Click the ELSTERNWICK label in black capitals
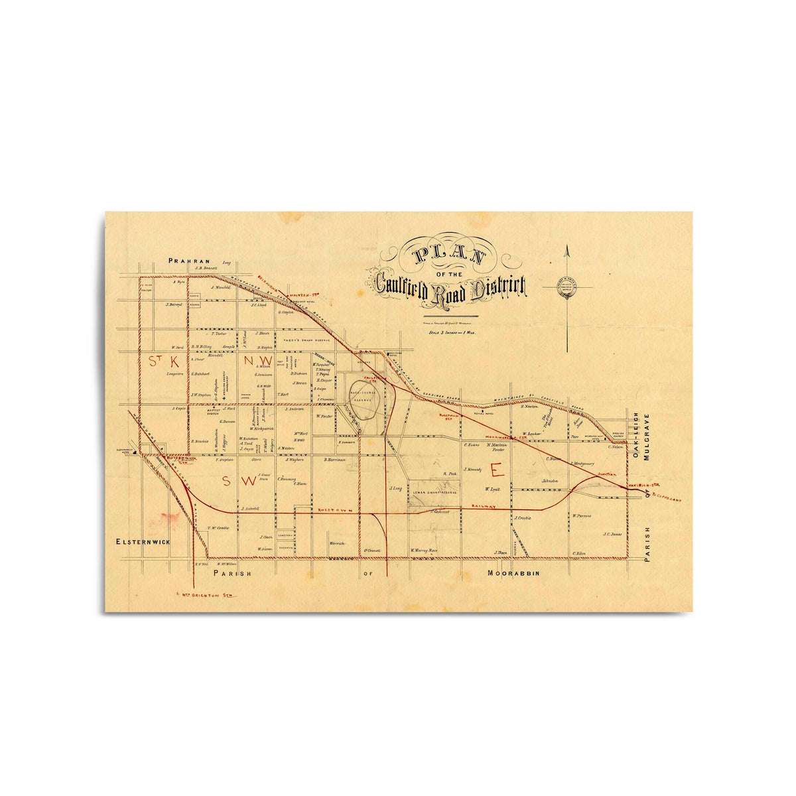click(143, 542)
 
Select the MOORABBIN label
click(515, 572)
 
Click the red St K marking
click(164, 362)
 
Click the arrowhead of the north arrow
click(567, 251)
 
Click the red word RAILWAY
click(484, 506)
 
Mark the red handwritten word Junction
click(606, 474)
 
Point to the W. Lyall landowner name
click(492, 489)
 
